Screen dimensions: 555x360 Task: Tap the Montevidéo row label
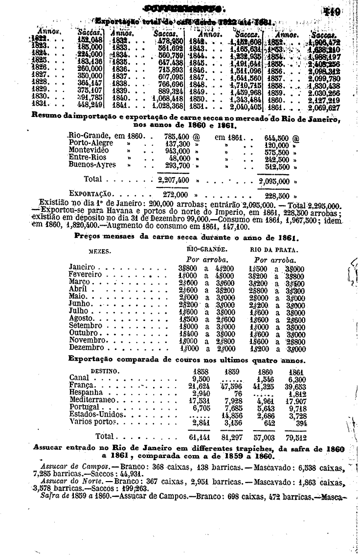pos(89,150)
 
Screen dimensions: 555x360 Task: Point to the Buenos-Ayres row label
pos(92,165)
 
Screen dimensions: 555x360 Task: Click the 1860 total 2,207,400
pos(173,180)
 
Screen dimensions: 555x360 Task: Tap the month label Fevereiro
pos(86,275)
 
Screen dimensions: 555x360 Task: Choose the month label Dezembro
pos(87,348)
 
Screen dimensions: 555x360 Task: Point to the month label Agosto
pos(82,318)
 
